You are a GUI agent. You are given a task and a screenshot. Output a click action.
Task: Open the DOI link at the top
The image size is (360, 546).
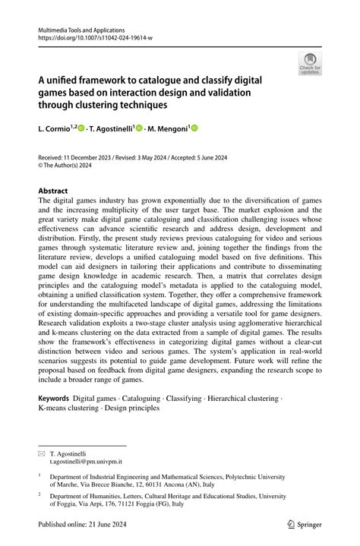tap(88, 36)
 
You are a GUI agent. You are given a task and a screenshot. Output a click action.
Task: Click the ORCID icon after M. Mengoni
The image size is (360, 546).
tap(194, 129)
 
